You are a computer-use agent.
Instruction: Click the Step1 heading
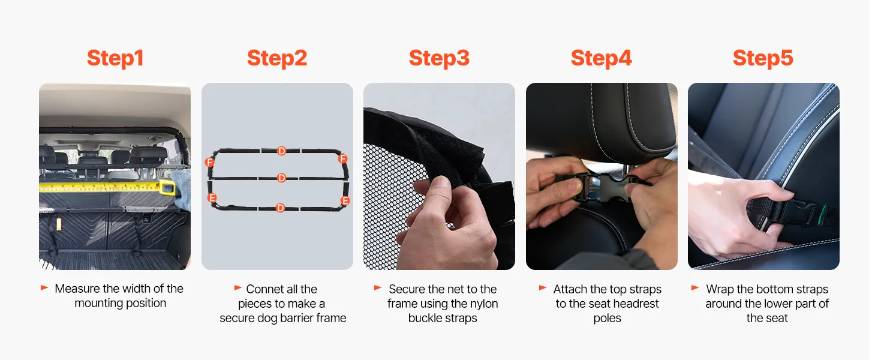[115, 58]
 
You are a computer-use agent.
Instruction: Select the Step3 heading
[439, 58]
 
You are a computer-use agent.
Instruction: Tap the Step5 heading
[763, 58]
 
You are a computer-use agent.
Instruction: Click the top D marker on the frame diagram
[281, 151]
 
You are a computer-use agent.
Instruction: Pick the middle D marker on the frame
[281, 178]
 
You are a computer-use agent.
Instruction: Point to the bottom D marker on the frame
[280, 208]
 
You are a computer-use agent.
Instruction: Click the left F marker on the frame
[210, 162]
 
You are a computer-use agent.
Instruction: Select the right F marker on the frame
[343, 158]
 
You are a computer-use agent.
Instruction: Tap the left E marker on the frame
[212, 197]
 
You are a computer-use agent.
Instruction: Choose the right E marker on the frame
[345, 201]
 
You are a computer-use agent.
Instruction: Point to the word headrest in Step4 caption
[635, 304]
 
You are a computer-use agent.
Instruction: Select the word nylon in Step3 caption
[485, 304]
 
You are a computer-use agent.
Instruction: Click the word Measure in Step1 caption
[77, 289]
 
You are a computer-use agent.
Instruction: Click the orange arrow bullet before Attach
[543, 288]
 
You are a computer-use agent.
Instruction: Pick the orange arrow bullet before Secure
[378, 288]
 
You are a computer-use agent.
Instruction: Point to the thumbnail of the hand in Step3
[441, 182]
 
